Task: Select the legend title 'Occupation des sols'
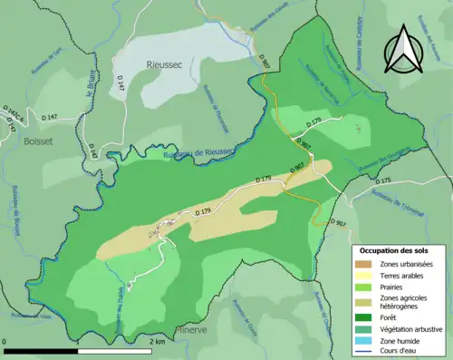(x=394, y=249)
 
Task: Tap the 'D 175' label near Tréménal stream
(x=381, y=181)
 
